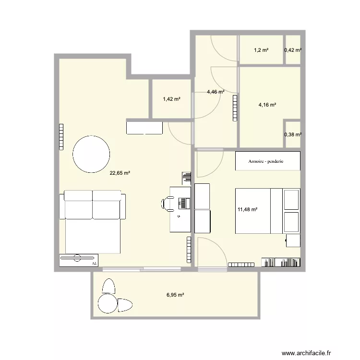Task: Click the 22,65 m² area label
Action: pos(120,174)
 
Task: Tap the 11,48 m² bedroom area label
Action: pos(248,209)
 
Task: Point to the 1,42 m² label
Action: pos(171,99)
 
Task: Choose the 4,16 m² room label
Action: pos(267,105)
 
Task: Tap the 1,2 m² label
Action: pos(261,50)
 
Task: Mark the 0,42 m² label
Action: pos(293,50)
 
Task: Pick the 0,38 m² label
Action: pos(293,134)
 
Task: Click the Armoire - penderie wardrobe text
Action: pos(266,161)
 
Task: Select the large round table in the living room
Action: pos(91,154)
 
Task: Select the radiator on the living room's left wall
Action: pos(61,137)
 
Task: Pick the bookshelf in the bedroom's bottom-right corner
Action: pos(281,262)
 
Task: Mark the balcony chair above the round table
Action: pos(109,286)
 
